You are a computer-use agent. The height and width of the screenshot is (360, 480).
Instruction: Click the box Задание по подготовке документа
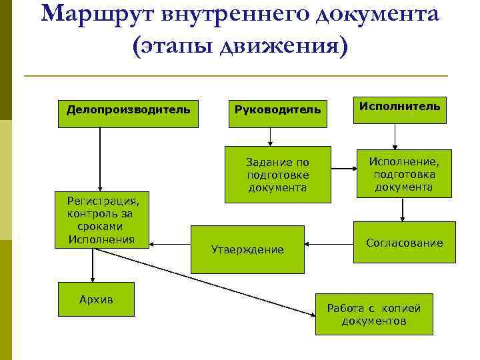277,174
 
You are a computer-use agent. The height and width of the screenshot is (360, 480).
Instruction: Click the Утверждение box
247,249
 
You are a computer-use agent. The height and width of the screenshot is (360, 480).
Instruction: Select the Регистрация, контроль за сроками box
101,220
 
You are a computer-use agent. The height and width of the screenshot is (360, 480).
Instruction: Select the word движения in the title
283,47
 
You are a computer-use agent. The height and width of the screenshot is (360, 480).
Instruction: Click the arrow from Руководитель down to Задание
271,136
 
